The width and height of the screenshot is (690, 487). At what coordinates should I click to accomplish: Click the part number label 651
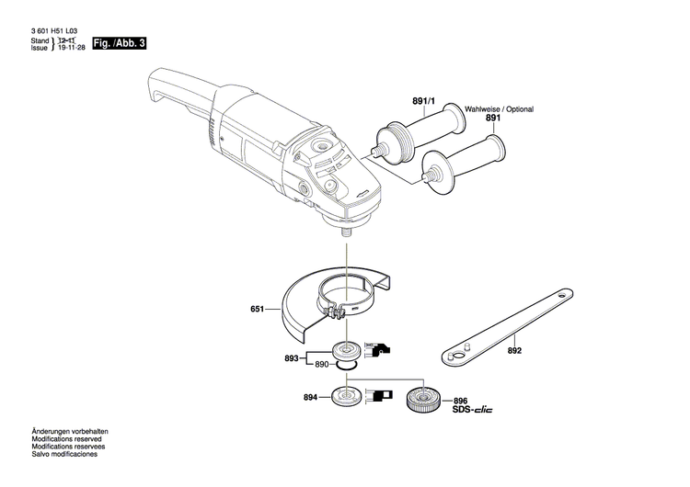click(x=258, y=310)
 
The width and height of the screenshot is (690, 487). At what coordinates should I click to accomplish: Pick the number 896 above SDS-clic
click(x=461, y=401)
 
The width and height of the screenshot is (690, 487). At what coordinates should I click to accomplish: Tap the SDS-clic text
click(x=473, y=410)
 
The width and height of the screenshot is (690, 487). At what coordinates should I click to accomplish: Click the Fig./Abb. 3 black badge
click(x=120, y=43)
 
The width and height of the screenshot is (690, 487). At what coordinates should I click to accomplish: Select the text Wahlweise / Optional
click(x=499, y=108)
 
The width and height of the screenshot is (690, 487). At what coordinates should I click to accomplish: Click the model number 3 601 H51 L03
click(x=53, y=31)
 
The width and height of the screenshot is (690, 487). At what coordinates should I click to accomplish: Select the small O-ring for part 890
click(x=346, y=366)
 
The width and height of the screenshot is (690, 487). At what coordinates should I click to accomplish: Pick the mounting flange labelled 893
click(x=348, y=349)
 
